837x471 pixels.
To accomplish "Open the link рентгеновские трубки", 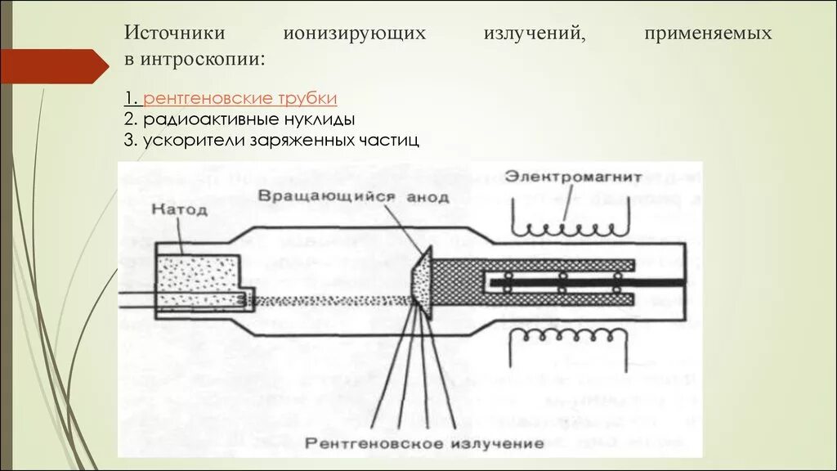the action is (x=240, y=99).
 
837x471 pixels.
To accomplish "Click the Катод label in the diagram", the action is (x=180, y=210).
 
